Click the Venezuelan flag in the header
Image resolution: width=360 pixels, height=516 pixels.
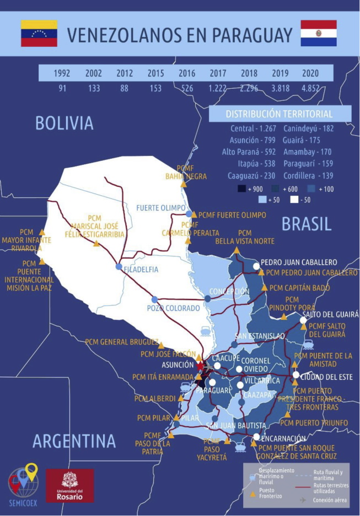pos(39,33)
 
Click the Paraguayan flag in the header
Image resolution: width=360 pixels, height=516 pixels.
pos(318,33)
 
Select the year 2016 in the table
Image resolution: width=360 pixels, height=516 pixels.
pos(187,73)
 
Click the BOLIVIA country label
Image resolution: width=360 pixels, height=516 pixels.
pos(65,123)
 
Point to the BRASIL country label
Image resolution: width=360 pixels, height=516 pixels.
pos(307,223)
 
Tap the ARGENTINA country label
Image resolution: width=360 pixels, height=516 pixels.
pos(74,441)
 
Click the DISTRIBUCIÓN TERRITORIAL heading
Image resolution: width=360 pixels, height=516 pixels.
pos(279,114)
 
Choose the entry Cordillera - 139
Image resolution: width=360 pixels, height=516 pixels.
pos(309,175)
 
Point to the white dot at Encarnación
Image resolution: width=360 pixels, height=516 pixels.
pos(256,437)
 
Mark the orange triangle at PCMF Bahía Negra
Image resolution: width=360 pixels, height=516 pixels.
pos(183,184)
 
